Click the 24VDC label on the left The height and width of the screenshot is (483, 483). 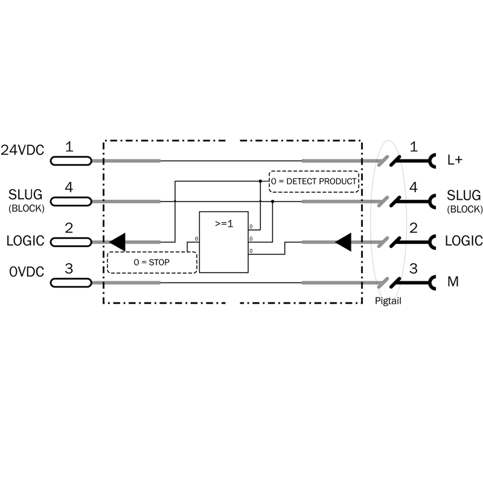(22, 151)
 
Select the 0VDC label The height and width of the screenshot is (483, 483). (26, 272)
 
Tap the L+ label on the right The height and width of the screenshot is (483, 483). (455, 160)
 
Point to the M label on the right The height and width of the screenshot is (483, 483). (452, 281)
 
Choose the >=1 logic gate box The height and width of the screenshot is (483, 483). (223, 241)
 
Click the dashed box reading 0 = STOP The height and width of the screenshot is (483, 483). (152, 263)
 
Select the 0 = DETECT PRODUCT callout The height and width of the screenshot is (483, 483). (313, 181)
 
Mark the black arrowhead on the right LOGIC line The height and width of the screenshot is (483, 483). (342, 242)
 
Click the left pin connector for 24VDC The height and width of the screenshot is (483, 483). (71, 161)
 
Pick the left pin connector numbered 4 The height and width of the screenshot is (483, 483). (71, 201)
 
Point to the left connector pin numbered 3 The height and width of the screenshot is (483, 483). (71, 282)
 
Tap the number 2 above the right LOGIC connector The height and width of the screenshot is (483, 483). (414, 228)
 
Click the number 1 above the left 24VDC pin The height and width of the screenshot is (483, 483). (69, 147)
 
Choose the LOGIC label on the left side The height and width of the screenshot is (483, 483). (25, 241)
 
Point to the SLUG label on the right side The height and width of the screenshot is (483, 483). (464, 196)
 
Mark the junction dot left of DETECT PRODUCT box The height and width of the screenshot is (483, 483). (260, 181)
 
